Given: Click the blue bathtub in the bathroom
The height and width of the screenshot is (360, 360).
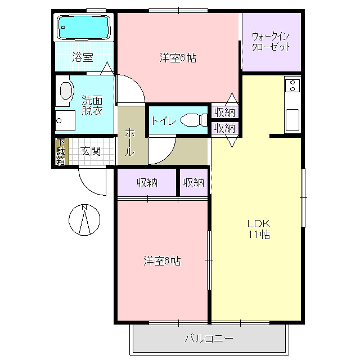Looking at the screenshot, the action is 84,27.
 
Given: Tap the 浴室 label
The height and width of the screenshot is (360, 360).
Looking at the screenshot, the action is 83,57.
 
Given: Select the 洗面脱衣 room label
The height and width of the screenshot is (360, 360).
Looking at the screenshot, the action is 92,105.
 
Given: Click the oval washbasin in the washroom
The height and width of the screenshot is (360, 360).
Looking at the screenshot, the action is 66,91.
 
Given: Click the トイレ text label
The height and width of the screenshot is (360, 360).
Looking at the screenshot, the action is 164,121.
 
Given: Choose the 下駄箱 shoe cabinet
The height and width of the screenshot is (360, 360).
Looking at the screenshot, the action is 61,151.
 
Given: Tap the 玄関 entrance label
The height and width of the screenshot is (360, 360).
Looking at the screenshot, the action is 91,151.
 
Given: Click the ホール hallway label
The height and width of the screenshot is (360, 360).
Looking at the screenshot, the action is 130,142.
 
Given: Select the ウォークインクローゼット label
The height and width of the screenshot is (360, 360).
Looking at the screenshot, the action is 271,42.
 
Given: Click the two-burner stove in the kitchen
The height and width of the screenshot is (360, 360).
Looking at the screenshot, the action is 292,85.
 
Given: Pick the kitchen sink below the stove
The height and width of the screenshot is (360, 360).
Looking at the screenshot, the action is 292,120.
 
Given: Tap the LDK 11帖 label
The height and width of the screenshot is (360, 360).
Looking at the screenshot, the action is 259,229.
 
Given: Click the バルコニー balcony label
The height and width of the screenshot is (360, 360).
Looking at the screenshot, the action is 209,339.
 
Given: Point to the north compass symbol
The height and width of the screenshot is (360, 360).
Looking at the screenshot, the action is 84,220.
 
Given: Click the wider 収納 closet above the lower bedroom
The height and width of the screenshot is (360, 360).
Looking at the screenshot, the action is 147,182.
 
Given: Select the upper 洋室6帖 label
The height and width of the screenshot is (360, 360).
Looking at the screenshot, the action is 178,58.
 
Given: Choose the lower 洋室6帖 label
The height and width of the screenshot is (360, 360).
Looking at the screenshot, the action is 163,261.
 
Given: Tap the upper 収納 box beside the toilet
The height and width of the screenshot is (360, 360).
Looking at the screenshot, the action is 225,112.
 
